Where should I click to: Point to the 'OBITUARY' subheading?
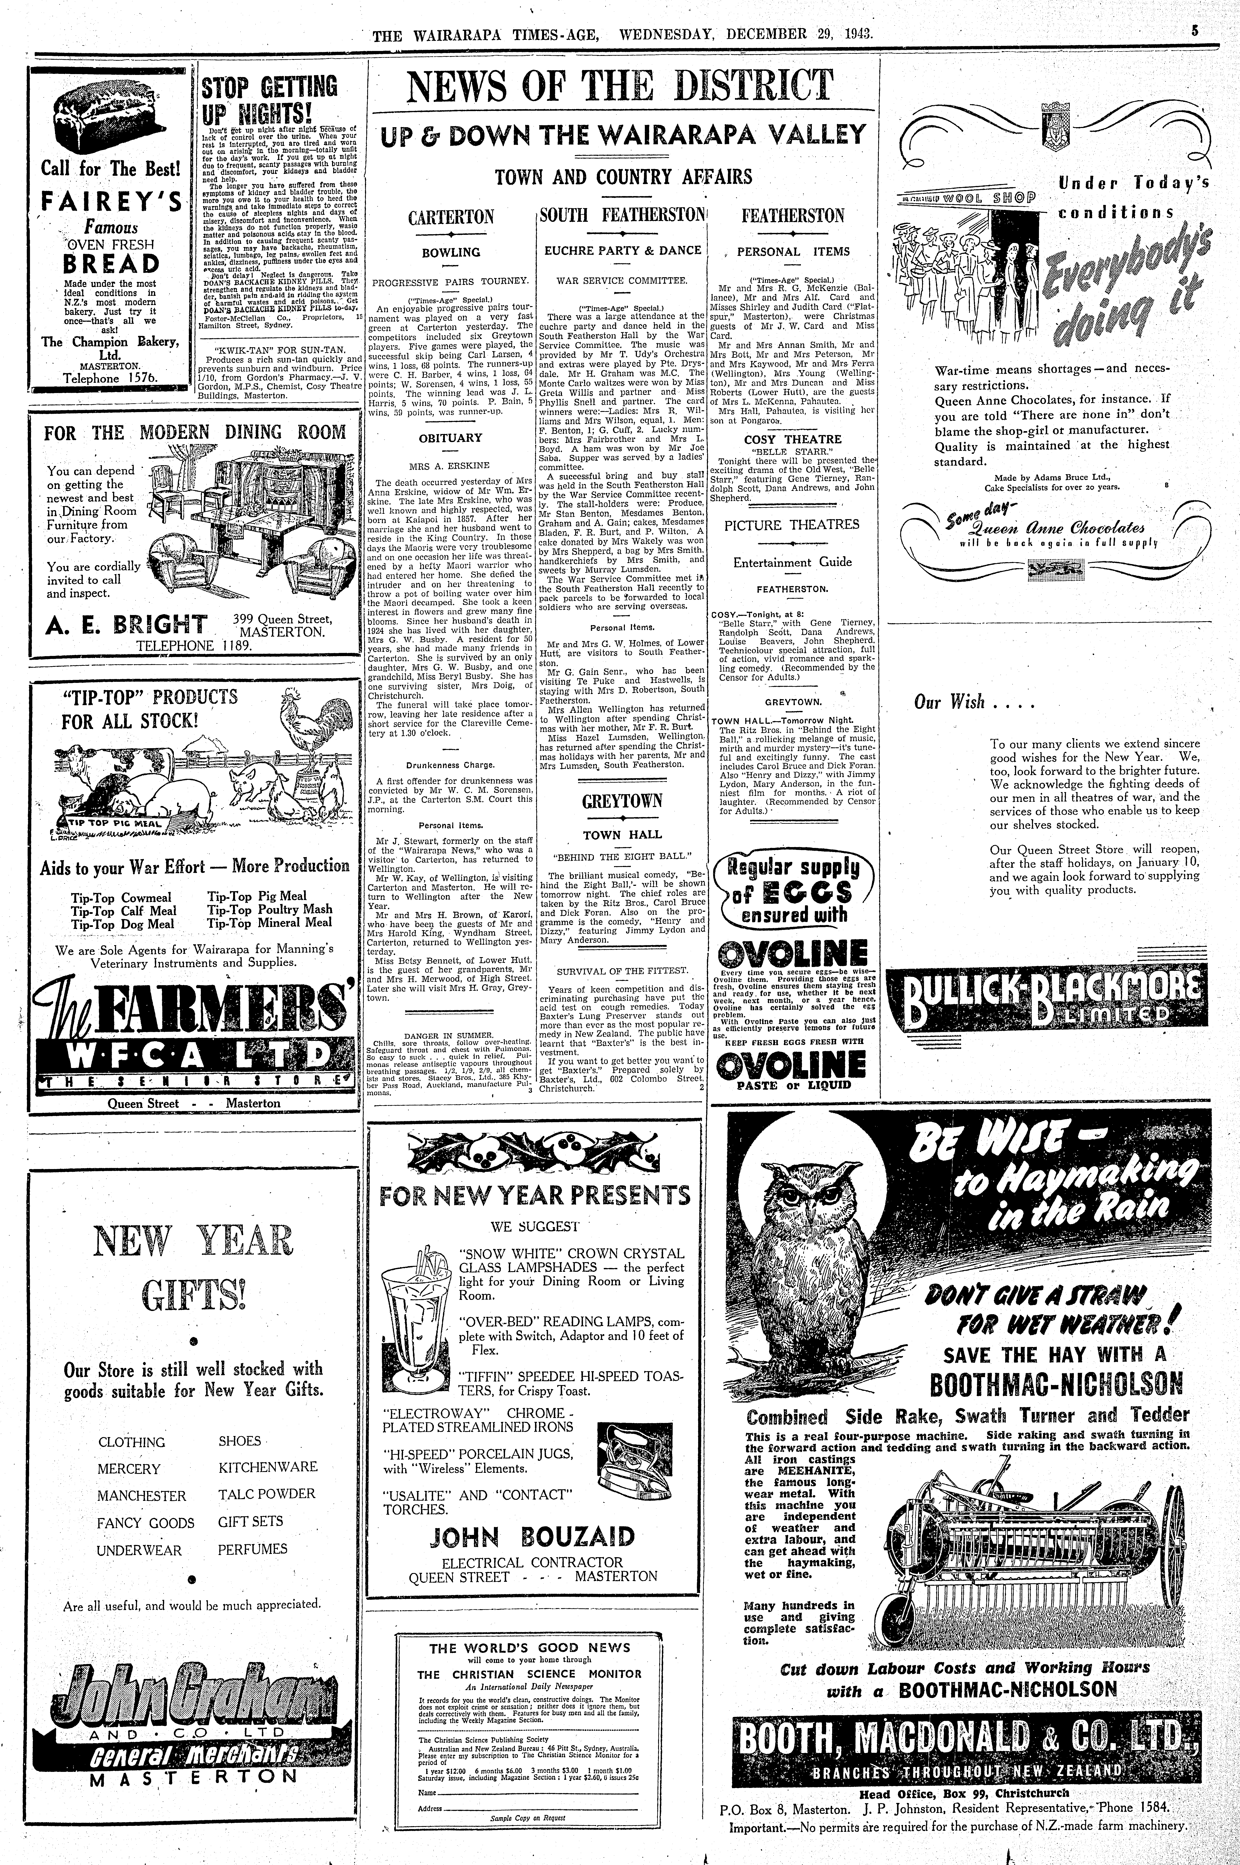(x=450, y=437)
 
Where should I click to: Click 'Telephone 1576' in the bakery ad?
(x=111, y=378)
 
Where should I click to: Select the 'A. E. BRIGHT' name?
(x=127, y=626)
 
